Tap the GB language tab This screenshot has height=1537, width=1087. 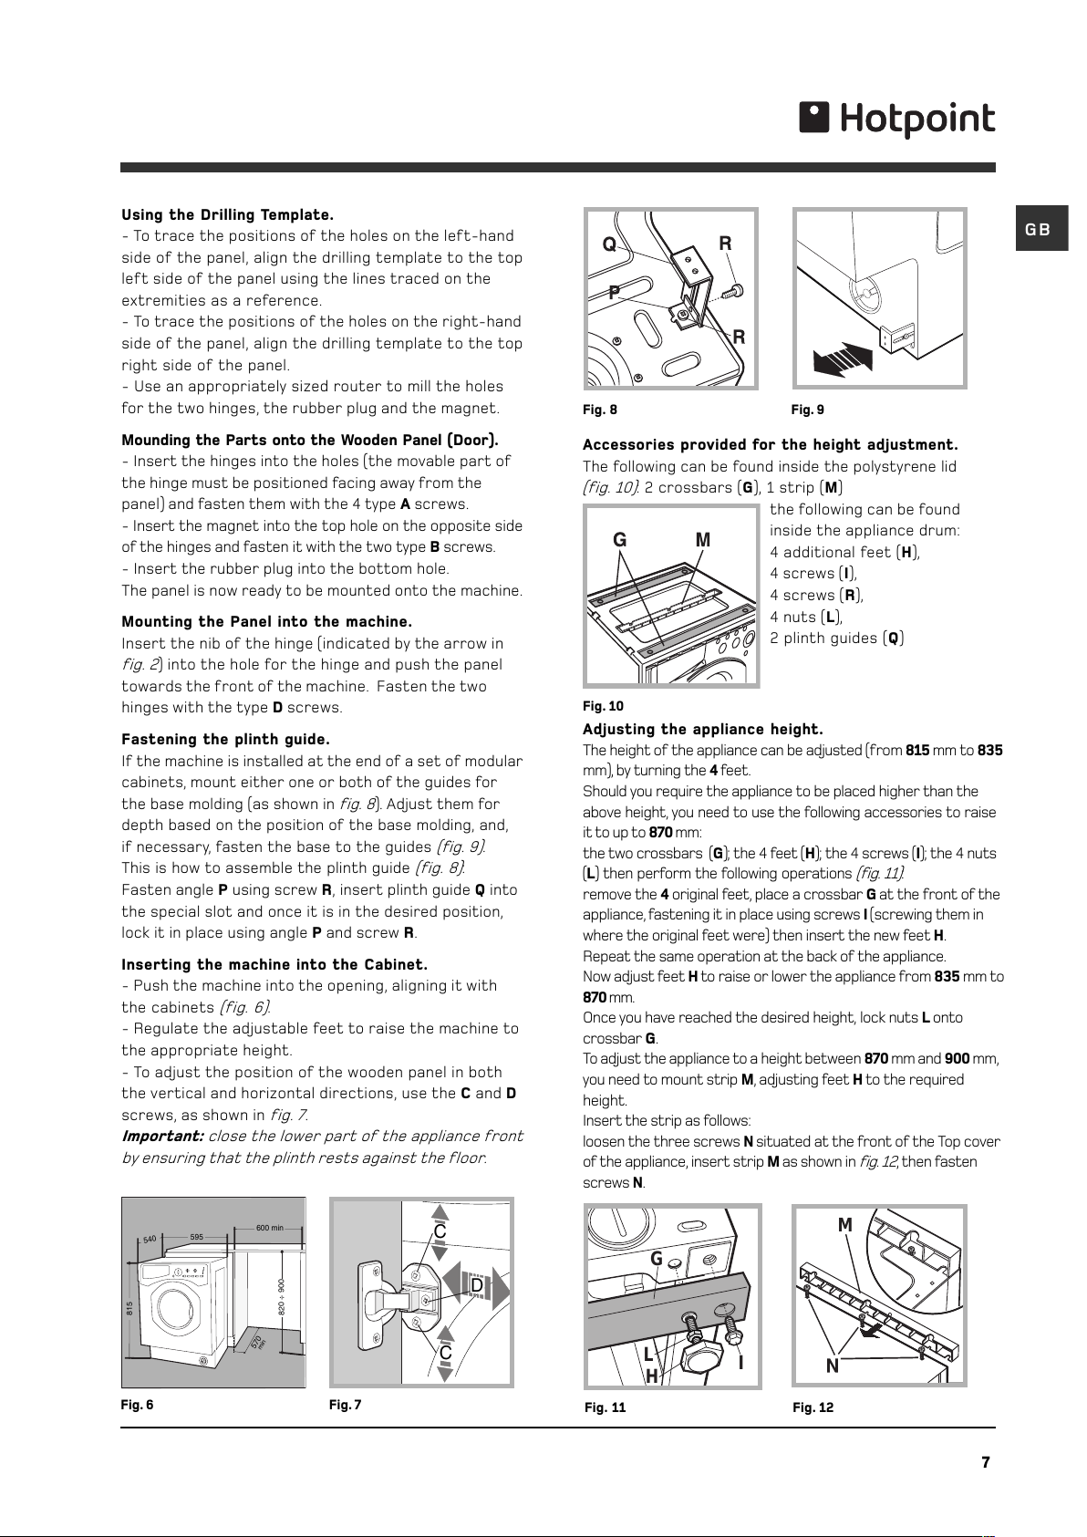pyautogui.click(x=1041, y=228)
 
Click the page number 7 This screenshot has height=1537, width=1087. pyautogui.click(x=986, y=1462)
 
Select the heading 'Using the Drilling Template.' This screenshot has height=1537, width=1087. pyautogui.click(x=228, y=214)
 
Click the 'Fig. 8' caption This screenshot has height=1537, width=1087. pyautogui.click(x=599, y=410)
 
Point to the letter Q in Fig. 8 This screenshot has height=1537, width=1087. pyautogui.click(x=609, y=244)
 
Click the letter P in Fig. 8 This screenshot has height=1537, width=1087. pyautogui.click(x=615, y=293)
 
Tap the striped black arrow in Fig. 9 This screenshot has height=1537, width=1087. pyautogui.click(x=843, y=358)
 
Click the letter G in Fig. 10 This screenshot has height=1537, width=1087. pyautogui.click(x=619, y=541)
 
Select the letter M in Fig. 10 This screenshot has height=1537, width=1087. pyautogui.click(x=703, y=541)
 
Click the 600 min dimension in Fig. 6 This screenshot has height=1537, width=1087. pyautogui.click(x=270, y=1228)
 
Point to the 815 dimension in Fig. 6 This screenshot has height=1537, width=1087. pyautogui.click(x=129, y=1308)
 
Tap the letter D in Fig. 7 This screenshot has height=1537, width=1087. pyautogui.click(x=477, y=1284)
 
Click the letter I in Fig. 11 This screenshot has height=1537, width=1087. pyautogui.click(x=741, y=1362)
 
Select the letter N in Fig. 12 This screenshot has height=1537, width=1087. pyautogui.click(x=833, y=1366)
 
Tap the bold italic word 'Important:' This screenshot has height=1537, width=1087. pyautogui.click(x=162, y=1137)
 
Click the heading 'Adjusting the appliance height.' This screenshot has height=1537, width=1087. pyautogui.click(x=703, y=729)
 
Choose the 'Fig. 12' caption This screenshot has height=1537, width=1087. pyautogui.click(x=813, y=1407)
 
